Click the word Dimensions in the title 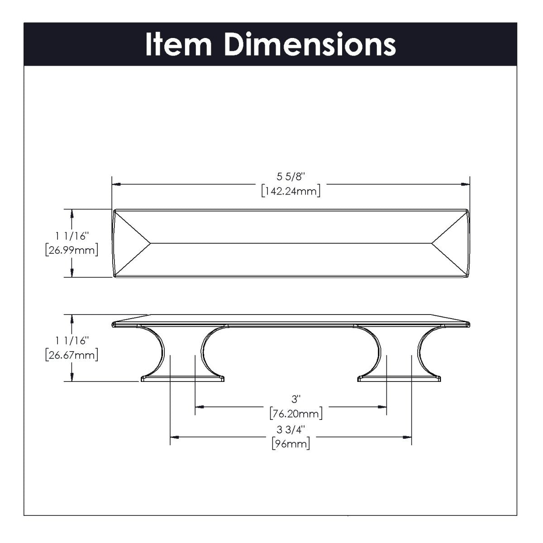(x=310, y=44)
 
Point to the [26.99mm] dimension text (x=72, y=250)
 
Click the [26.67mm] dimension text (x=72, y=355)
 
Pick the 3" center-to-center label (x=296, y=399)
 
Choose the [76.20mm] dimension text (x=296, y=413)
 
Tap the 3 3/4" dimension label (x=291, y=429)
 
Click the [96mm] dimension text (x=291, y=444)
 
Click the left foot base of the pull (x=183, y=378)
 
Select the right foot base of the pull (x=399, y=378)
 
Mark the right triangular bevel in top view (x=450, y=243)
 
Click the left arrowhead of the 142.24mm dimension (x=116, y=184)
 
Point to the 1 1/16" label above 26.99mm (x=72, y=236)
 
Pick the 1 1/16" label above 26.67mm (x=72, y=340)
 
